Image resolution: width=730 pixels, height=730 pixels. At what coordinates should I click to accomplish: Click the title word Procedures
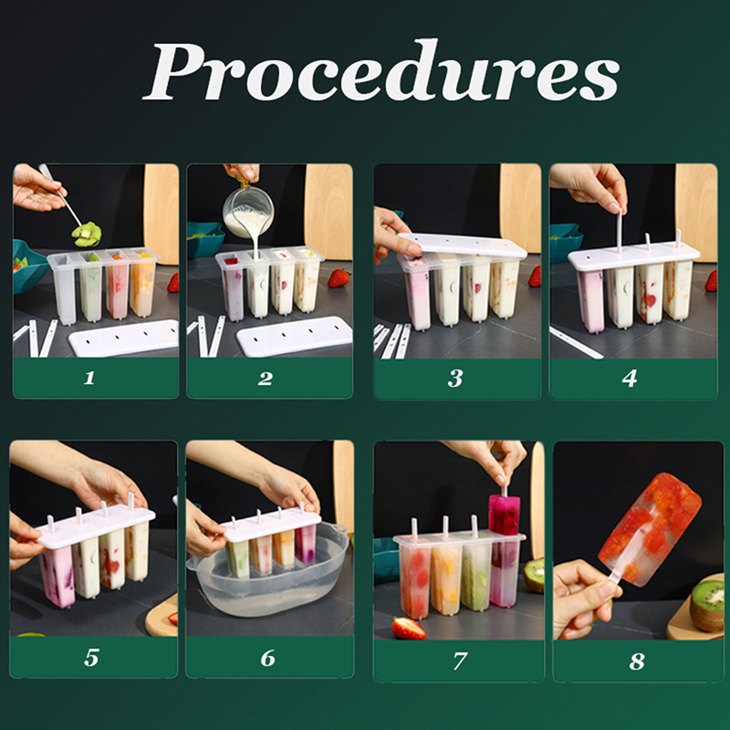[381, 71]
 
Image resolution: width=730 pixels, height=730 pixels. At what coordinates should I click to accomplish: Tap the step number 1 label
[89, 378]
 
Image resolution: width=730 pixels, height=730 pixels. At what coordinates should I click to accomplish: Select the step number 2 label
[266, 378]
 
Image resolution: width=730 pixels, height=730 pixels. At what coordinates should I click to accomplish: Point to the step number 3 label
[455, 378]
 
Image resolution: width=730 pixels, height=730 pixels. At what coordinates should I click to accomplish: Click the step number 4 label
[630, 378]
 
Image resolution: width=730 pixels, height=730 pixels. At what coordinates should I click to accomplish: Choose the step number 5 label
[91, 657]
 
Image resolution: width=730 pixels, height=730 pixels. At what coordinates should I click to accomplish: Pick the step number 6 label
[267, 658]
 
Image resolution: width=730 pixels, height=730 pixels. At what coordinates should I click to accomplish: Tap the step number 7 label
[460, 661]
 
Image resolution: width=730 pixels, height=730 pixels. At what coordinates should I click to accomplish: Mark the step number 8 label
[636, 661]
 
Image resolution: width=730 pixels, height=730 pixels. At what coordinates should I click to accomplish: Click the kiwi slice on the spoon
[87, 234]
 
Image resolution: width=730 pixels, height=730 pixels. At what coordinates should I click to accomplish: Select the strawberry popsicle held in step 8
[650, 528]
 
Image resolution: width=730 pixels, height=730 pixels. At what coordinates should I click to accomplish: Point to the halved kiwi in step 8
[708, 604]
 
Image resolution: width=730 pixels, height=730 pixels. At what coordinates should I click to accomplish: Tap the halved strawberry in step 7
[408, 628]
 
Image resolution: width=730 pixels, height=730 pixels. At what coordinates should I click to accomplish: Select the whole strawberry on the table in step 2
[339, 278]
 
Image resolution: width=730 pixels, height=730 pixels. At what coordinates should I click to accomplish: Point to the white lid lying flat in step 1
[124, 337]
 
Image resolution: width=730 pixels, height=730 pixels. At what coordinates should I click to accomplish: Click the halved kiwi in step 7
[534, 575]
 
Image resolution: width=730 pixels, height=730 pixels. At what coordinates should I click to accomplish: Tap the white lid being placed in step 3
[462, 245]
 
